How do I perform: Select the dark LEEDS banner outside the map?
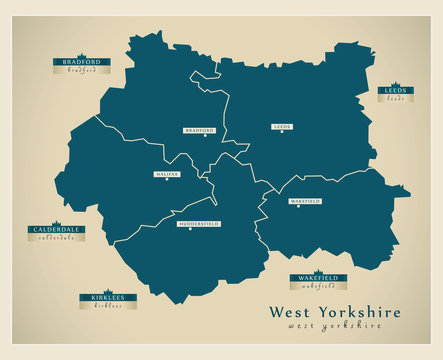(395, 91)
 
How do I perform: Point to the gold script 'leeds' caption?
(395, 99)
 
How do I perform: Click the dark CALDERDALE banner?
(56, 230)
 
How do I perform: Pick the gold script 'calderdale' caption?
(56, 238)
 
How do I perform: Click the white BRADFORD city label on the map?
(200, 130)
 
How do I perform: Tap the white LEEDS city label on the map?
(282, 127)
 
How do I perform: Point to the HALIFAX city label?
(168, 173)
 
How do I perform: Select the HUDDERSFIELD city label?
(198, 224)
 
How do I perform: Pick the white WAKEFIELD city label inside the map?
(305, 201)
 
